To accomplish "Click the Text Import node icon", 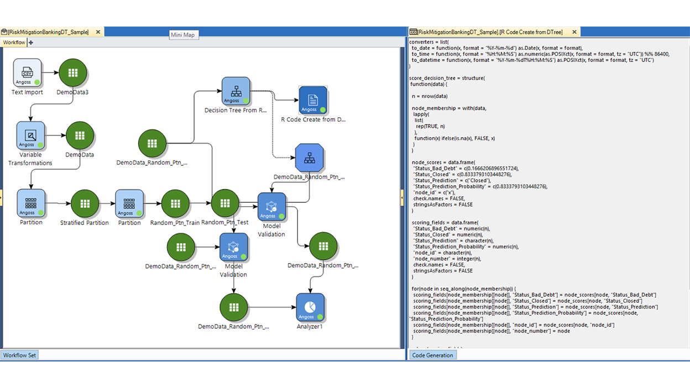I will tap(27, 72).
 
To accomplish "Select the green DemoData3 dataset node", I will tap(72, 73).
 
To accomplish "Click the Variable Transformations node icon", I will tap(30, 136).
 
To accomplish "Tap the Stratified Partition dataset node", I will tap(85, 203).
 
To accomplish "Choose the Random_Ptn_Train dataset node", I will tap(175, 203).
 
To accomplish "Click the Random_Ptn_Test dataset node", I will tap(224, 203).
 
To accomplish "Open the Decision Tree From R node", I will tap(236, 91).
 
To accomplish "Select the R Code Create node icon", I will tap(313, 100).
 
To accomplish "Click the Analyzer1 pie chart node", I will tap(310, 307).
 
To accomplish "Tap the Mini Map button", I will tap(182, 34).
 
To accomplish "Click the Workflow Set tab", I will tap(19, 355).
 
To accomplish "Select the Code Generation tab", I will tap(432, 355).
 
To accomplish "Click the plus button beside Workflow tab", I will tap(31, 43).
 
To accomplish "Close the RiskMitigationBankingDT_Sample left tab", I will tap(98, 32).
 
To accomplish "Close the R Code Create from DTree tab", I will tap(574, 32).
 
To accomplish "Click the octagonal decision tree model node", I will tap(309, 158).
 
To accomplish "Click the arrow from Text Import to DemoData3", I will tap(51, 72).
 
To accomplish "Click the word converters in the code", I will tap(421, 42).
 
